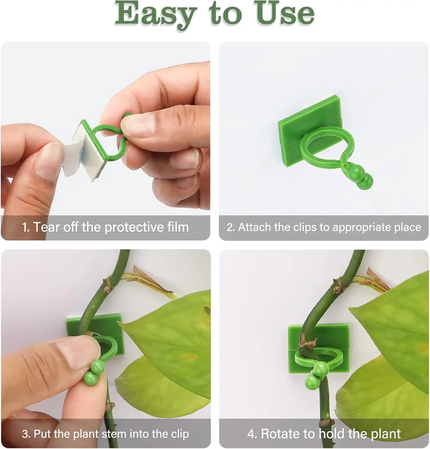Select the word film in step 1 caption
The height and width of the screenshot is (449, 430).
tap(176, 227)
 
